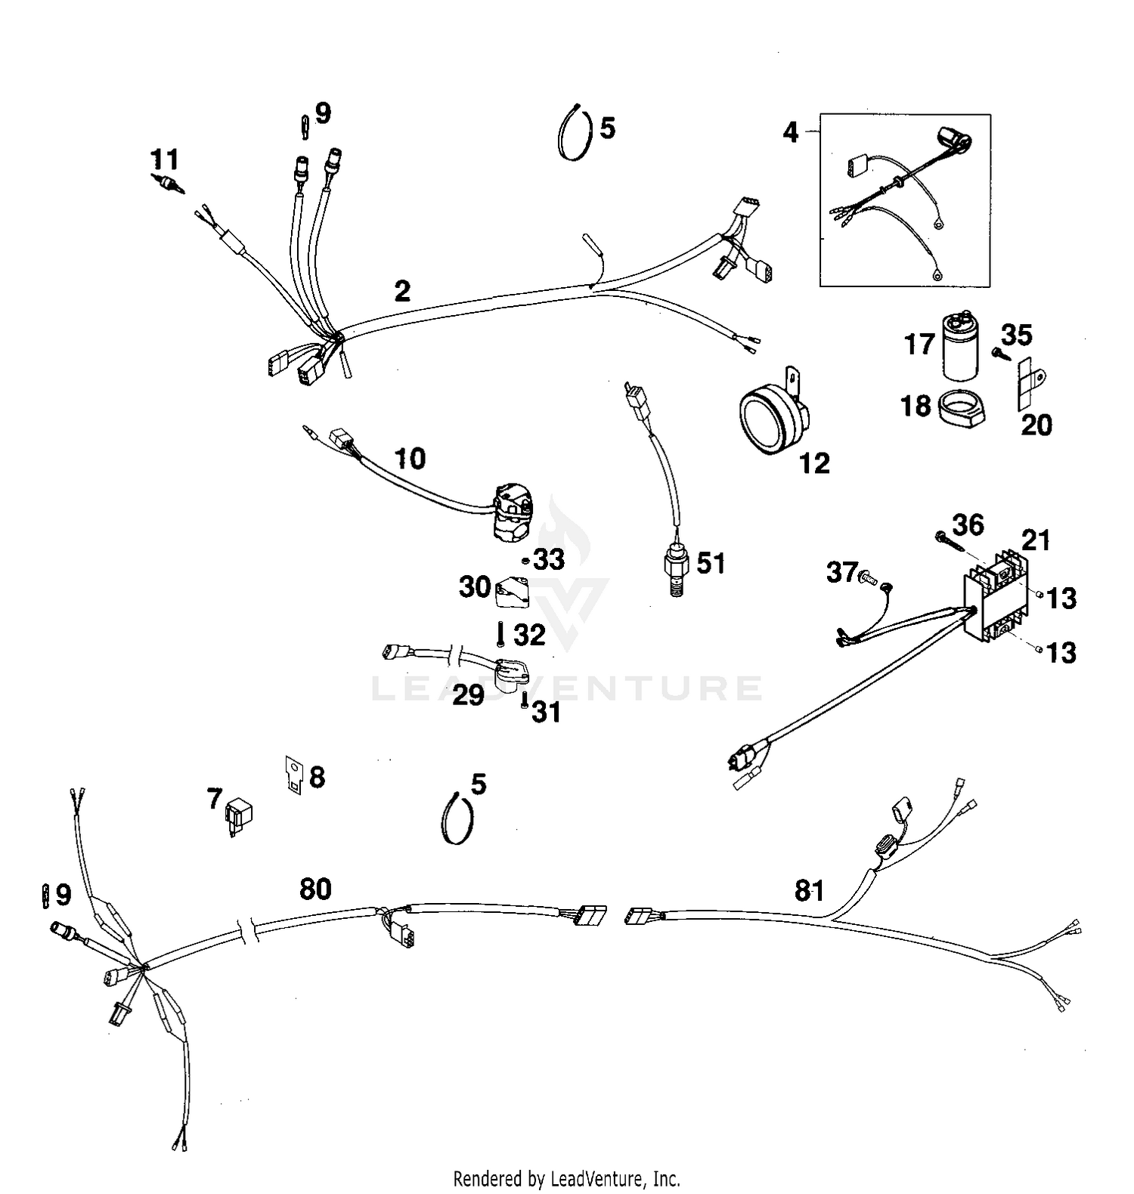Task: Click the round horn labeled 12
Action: [x=771, y=416]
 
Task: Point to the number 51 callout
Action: [x=710, y=563]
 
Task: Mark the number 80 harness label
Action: [x=315, y=889]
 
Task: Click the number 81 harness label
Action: [x=809, y=891]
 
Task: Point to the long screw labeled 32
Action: [x=500, y=634]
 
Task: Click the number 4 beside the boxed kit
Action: [x=790, y=133]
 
